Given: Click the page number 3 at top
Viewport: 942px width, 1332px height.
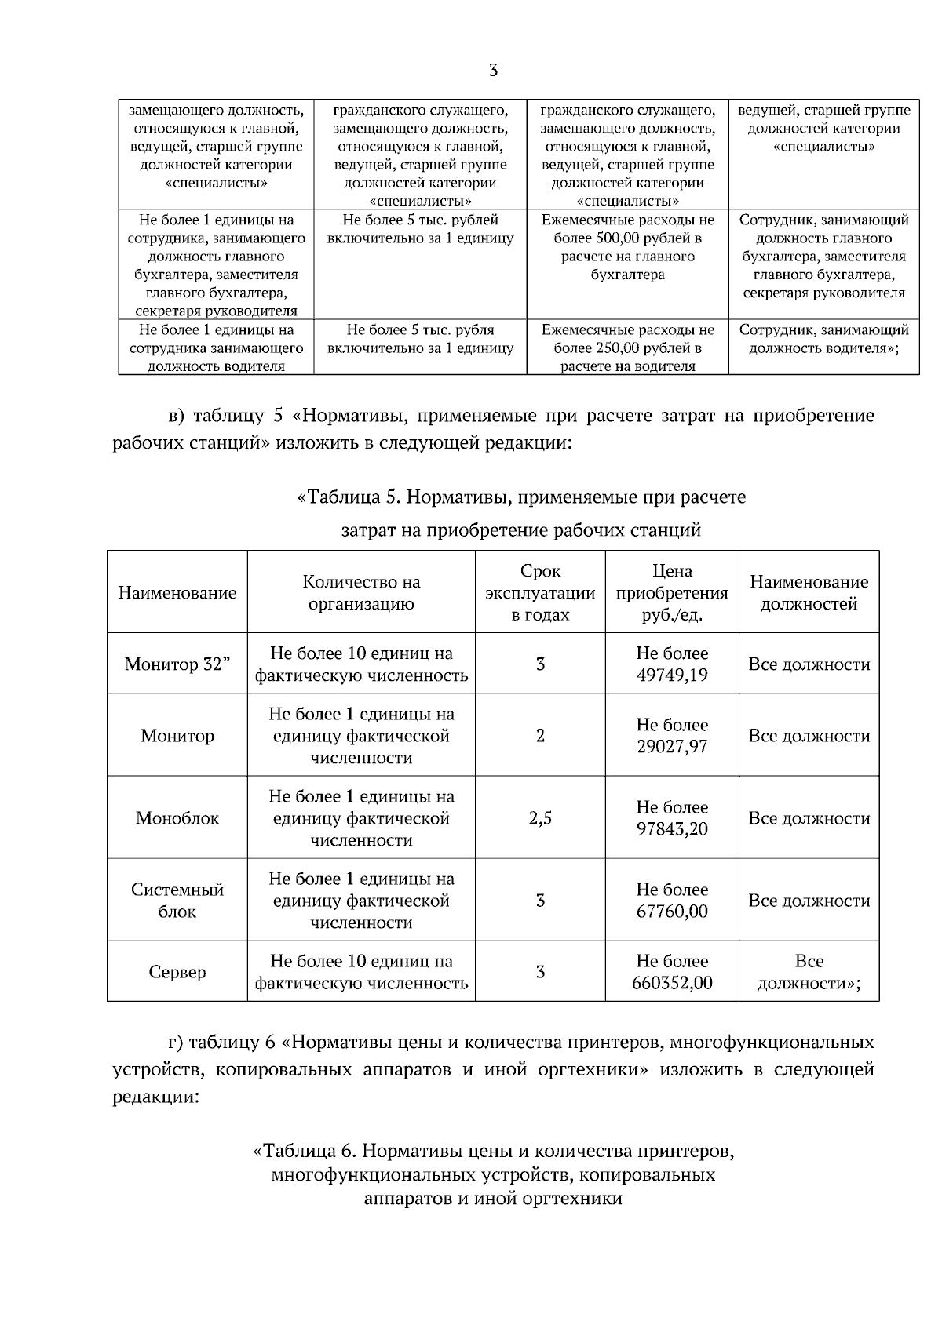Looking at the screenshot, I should point(493,71).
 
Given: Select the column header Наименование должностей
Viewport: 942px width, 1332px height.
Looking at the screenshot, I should point(809,592).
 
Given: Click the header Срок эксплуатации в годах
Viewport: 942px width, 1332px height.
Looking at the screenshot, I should point(540,592).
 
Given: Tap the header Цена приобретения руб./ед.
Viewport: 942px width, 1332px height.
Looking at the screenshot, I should point(672,592).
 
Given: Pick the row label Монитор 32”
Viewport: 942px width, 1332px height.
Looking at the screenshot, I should point(177,664).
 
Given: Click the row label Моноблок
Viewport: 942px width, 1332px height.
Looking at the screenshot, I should point(177,818).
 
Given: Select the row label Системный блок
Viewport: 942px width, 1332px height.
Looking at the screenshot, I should point(177,901).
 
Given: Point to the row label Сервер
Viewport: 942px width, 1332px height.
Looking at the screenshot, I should point(177,972).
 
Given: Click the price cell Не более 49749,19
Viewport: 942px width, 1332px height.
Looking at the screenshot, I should point(672,664).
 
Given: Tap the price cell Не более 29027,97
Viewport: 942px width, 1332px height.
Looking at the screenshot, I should point(672,736).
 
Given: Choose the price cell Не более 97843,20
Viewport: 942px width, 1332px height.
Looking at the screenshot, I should point(672,818).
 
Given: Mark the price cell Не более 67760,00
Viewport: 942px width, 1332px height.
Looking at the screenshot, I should point(672,901).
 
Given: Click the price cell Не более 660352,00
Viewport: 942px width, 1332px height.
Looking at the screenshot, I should point(672,972).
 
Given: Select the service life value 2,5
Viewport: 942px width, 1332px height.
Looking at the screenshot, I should point(540,818).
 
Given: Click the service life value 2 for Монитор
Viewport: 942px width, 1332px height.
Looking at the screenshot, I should point(540,736).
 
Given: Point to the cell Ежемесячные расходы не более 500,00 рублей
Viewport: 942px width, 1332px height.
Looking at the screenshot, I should point(628,247).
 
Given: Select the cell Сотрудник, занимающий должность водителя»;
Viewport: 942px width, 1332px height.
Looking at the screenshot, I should point(823,339).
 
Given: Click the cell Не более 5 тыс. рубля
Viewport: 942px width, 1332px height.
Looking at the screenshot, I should point(420,339).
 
